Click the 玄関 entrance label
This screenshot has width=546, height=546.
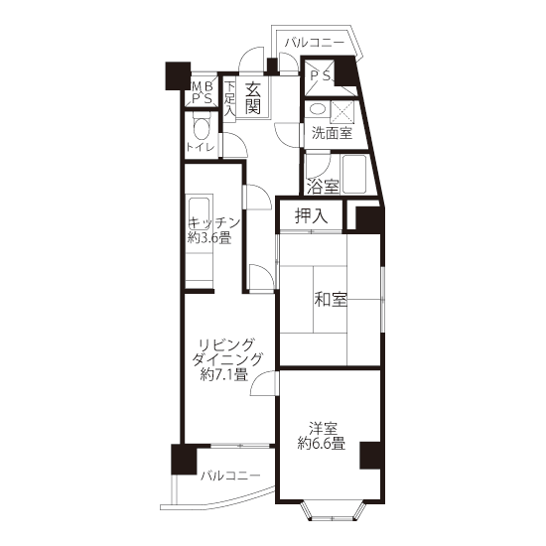click(x=252, y=99)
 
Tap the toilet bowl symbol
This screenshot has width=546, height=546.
click(x=202, y=127)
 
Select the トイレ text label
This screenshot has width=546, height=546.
click(x=200, y=147)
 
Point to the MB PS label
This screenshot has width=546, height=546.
click(x=203, y=92)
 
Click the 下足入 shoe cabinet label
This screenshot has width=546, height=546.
click(x=229, y=98)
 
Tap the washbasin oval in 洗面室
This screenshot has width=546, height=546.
click(x=317, y=109)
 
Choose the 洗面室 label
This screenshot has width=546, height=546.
click(x=332, y=133)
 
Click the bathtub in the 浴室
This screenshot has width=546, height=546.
click(x=354, y=174)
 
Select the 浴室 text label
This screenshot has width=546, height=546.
click(x=323, y=187)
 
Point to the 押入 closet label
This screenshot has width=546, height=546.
click(x=311, y=215)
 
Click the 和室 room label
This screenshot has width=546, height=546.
click(x=331, y=299)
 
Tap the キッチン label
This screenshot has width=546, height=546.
click(x=214, y=222)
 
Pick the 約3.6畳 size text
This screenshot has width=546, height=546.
click(x=209, y=238)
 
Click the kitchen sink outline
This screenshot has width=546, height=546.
click(x=200, y=213)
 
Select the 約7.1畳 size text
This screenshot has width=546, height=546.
click(x=224, y=374)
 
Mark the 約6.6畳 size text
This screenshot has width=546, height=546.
click(x=322, y=444)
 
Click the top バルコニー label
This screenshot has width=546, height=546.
click(x=315, y=43)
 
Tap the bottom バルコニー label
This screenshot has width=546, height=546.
click(x=230, y=476)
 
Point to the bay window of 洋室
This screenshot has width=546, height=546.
click(x=333, y=510)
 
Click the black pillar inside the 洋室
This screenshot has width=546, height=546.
click(x=370, y=456)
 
